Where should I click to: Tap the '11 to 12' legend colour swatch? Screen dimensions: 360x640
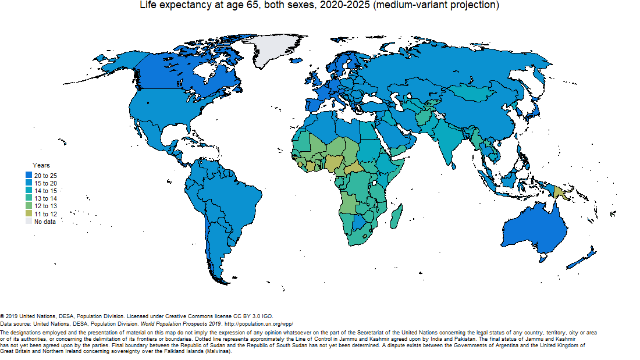click(29, 214)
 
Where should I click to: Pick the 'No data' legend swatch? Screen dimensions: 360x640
click(29, 222)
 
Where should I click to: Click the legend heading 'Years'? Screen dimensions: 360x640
click(41, 166)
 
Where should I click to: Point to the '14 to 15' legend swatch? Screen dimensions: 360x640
click(29, 191)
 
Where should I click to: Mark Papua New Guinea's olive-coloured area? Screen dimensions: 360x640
click(560, 192)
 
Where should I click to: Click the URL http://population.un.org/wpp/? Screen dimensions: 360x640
click(259, 323)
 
